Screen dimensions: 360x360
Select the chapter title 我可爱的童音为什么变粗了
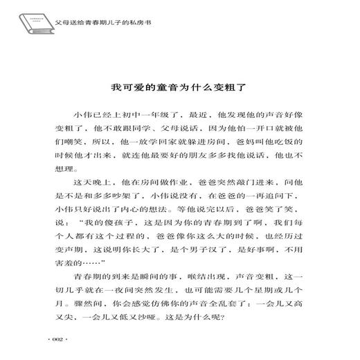click(x=179, y=89)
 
